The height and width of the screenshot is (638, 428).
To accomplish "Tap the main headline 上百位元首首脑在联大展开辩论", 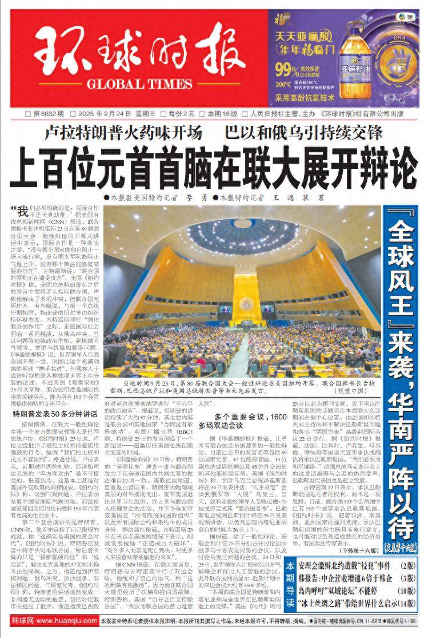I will point(214,165).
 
